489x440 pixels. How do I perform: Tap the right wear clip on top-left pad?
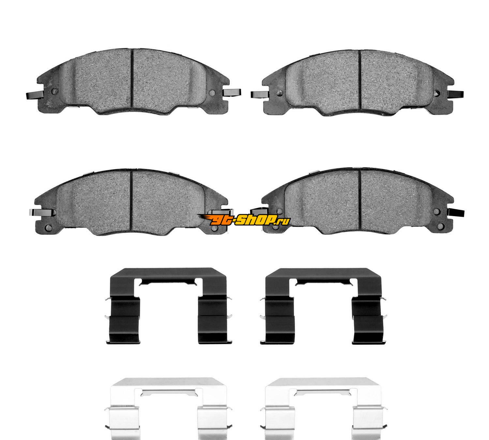[x=232, y=93]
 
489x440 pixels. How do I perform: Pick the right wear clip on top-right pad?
[x=456, y=95]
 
